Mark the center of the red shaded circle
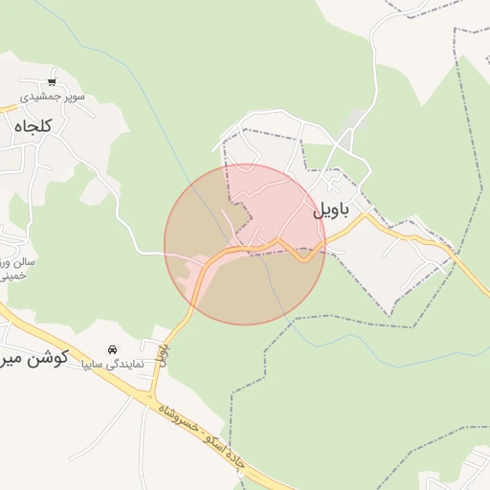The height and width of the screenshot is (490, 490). tap(245, 244)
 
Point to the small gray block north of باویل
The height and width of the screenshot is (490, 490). tap(356, 120)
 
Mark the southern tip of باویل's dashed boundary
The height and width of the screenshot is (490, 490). tap(390, 314)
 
